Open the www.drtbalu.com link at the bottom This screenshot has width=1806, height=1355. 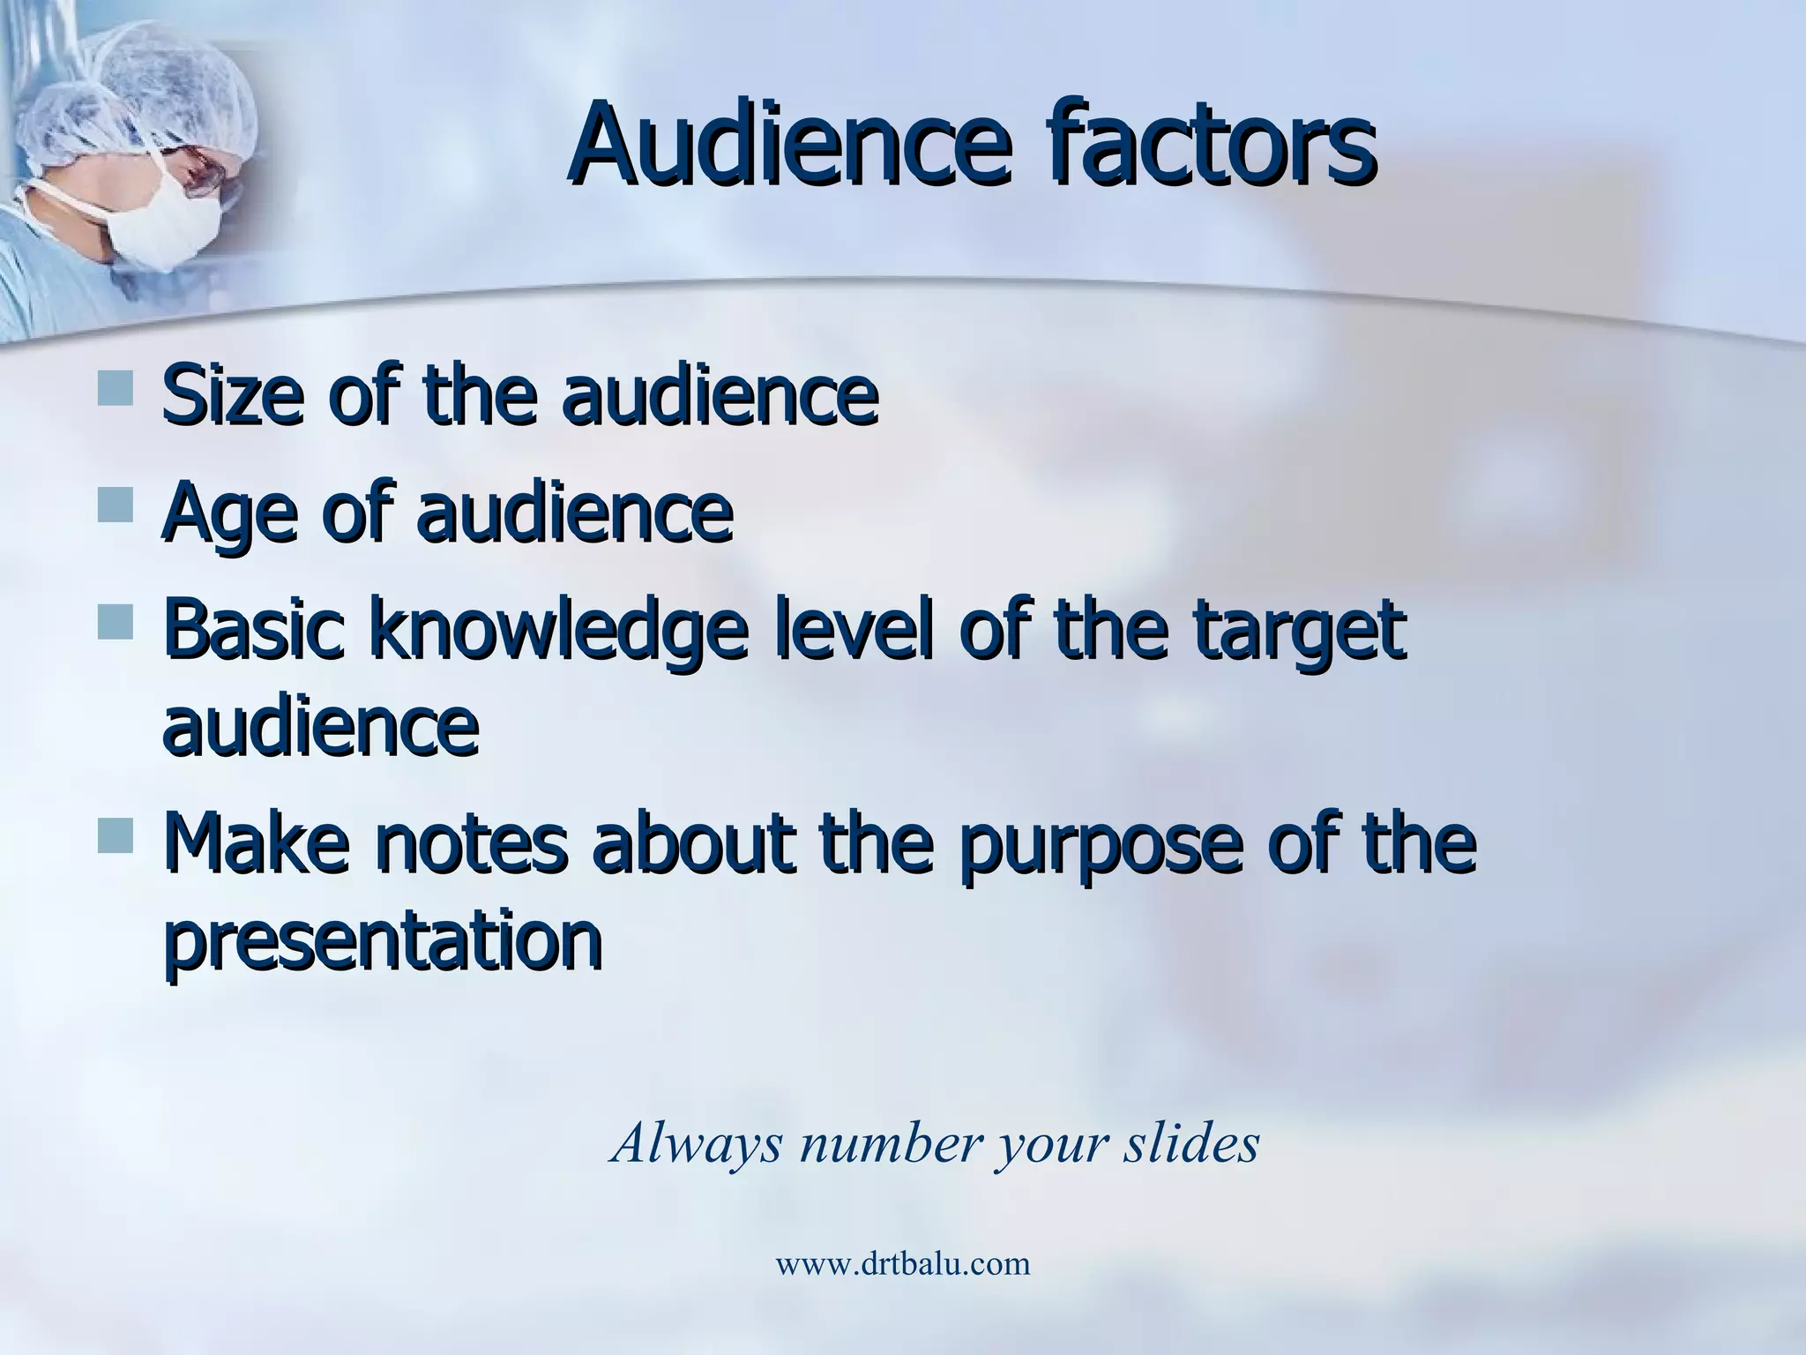pos(902,1264)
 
